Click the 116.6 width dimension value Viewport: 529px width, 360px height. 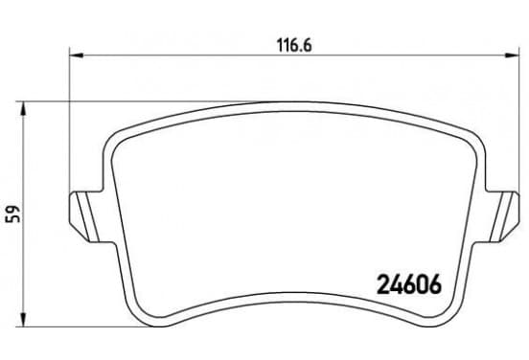(x=294, y=46)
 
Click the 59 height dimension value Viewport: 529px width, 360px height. (x=13, y=214)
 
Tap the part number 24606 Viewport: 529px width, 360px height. (x=408, y=283)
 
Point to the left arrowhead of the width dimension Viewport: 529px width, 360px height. (x=76, y=55)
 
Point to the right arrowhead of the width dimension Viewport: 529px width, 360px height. (x=512, y=55)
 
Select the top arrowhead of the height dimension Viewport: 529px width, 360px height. (x=23, y=108)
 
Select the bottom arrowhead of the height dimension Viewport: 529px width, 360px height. (x=23, y=320)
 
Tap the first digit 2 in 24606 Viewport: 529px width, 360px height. (x=382, y=283)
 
